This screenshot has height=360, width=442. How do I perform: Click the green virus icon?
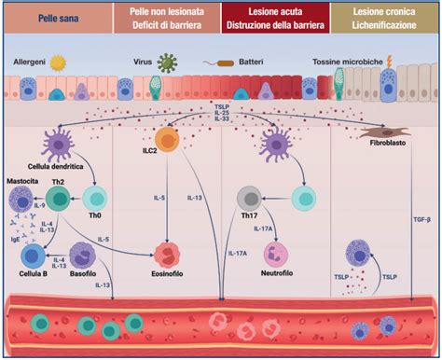point(169,63)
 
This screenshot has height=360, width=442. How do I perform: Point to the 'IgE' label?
point(19,241)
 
